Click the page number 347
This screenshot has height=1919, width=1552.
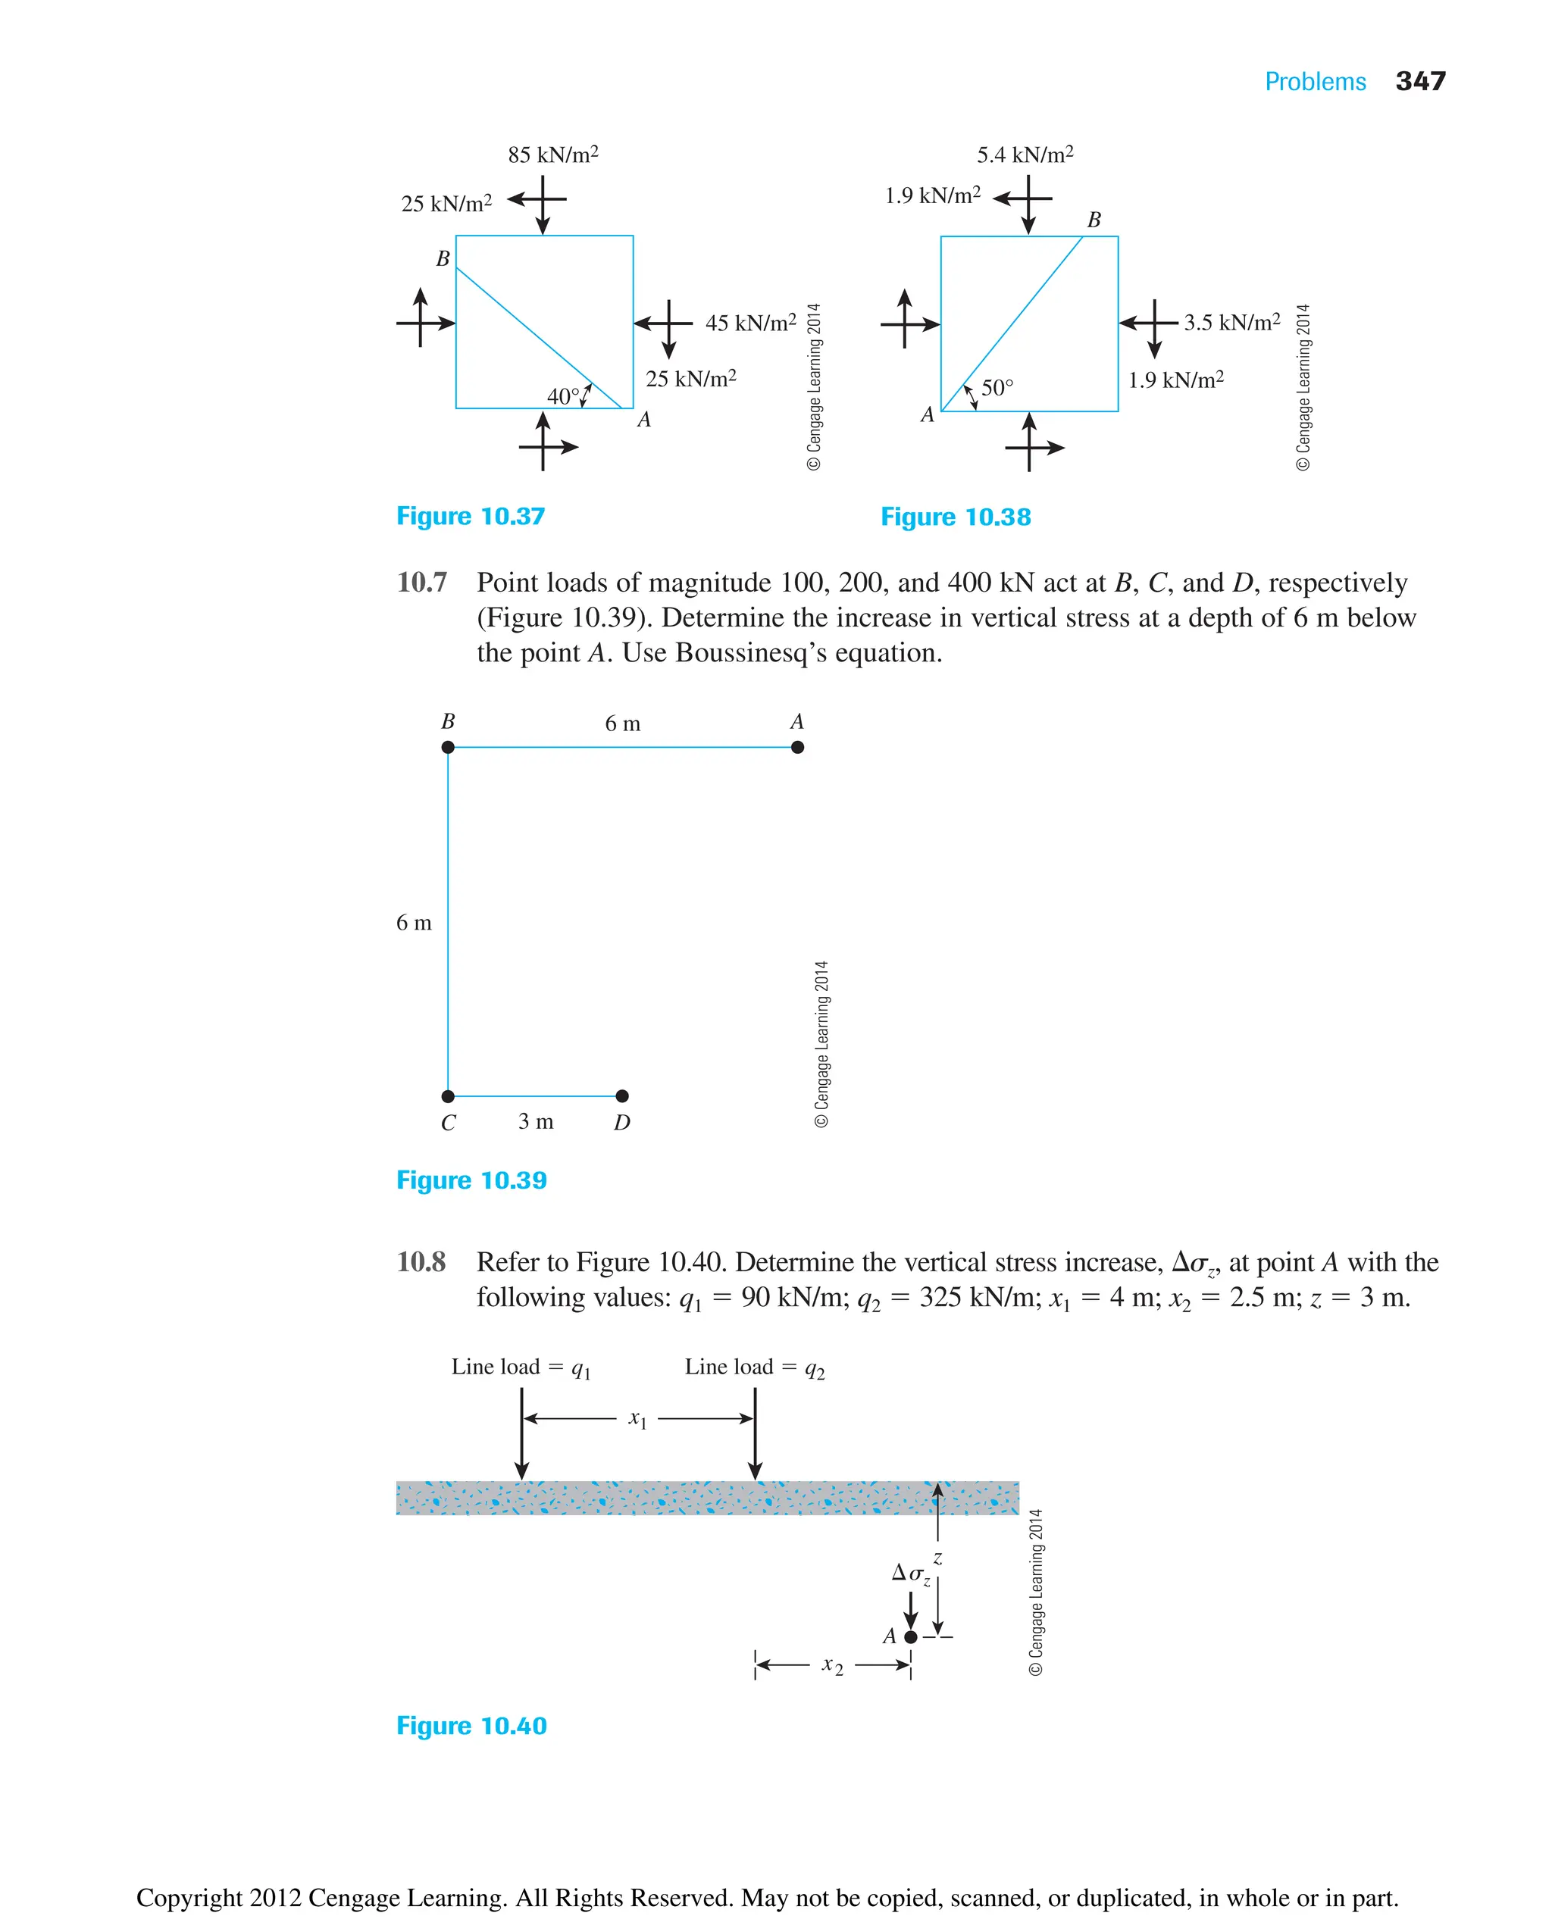coord(1419,81)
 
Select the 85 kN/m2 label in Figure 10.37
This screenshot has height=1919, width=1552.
coord(552,155)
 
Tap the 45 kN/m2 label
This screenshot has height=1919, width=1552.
coord(750,323)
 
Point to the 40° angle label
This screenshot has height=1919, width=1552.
coord(563,396)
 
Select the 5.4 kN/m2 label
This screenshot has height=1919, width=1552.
coord(1025,155)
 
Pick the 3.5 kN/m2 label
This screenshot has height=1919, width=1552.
coord(1231,322)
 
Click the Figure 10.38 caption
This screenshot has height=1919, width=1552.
coord(955,517)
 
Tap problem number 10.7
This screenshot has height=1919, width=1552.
coord(421,583)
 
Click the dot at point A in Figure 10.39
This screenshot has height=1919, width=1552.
coord(797,747)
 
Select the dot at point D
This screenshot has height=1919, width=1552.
coord(622,1095)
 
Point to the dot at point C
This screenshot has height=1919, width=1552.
coord(448,1095)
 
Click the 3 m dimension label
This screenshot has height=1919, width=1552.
coord(536,1120)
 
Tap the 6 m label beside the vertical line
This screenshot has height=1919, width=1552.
coord(413,923)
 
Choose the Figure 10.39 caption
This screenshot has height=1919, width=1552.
coord(471,1180)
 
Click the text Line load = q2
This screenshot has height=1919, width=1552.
coord(754,1367)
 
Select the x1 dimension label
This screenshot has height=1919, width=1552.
coord(637,1418)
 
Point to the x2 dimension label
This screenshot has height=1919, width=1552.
coord(831,1665)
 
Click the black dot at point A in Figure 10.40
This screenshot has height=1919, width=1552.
coord(910,1636)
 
